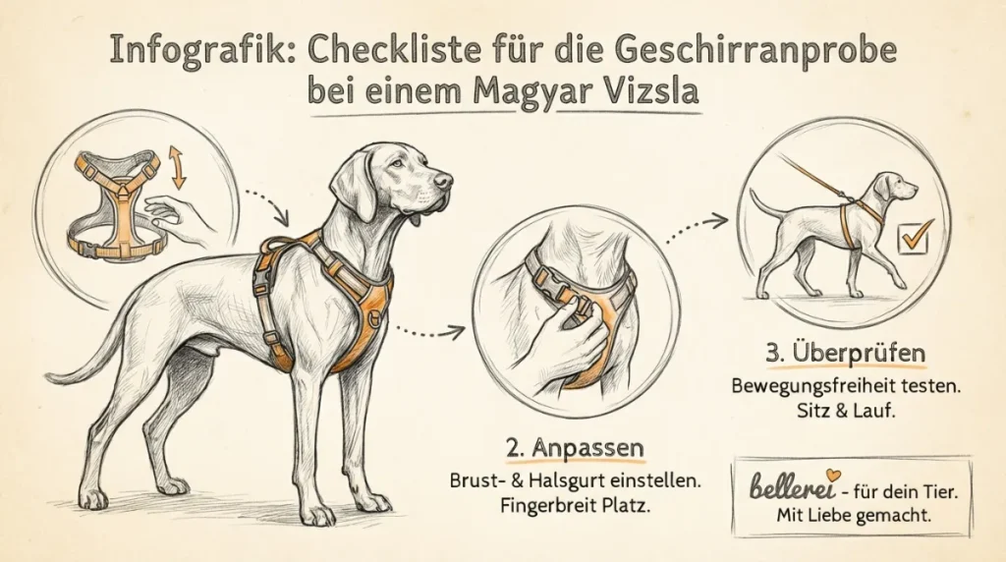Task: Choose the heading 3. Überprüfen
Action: point(844,353)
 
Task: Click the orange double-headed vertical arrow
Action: point(178,168)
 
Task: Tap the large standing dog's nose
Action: point(446,180)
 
